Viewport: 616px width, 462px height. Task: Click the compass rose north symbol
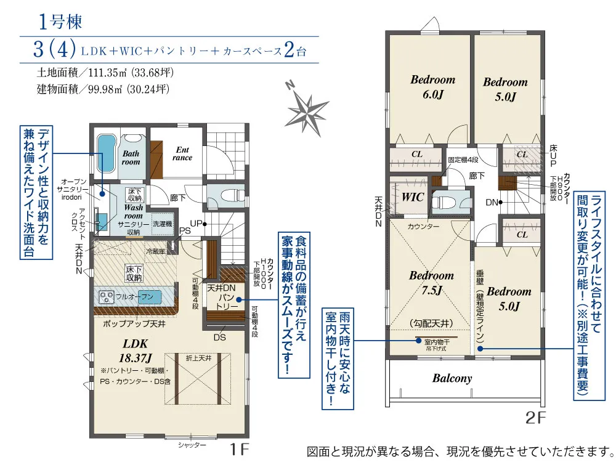point(307,109)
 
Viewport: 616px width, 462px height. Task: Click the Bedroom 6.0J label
point(433,87)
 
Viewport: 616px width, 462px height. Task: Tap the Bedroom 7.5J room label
point(431,282)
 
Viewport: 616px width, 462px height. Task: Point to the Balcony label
point(452,378)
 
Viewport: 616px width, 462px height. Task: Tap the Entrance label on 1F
point(183,153)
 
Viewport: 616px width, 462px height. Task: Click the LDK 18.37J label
point(135,349)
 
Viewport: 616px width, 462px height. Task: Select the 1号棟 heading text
point(59,23)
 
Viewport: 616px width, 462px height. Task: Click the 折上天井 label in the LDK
point(198,357)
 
